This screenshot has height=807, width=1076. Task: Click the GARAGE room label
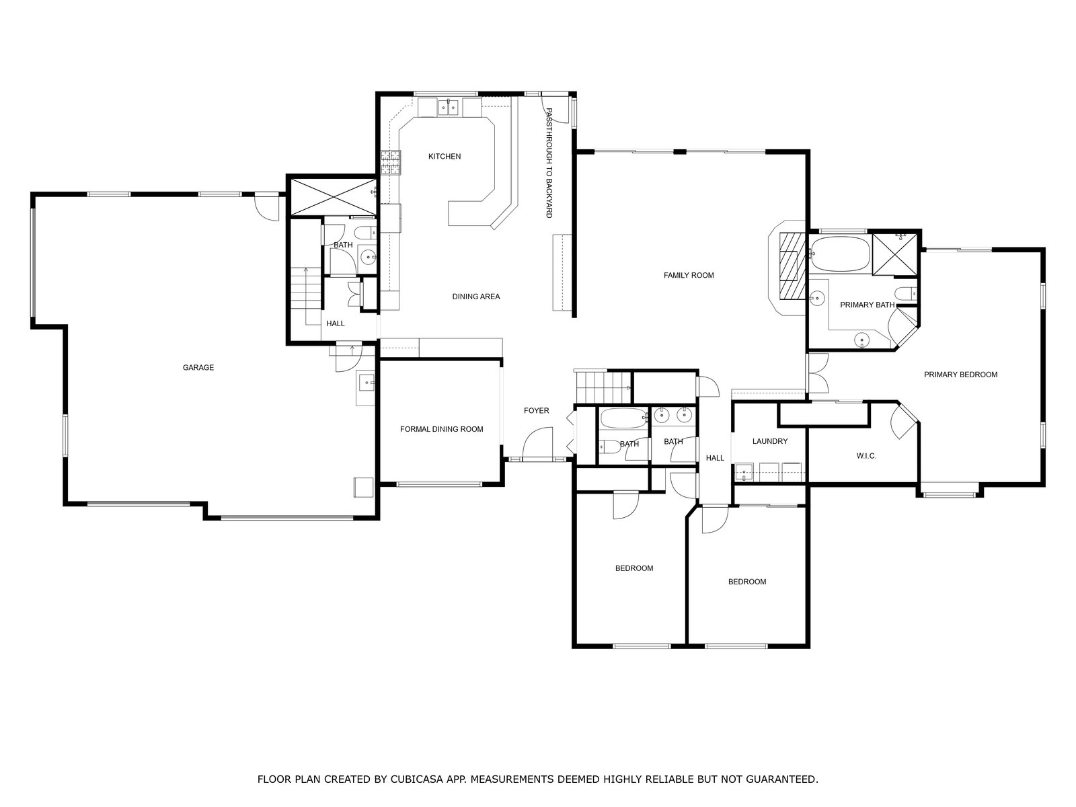coord(198,367)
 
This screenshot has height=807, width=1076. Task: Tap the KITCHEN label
coord(445,156)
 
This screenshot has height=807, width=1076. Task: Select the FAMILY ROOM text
coord(689,275)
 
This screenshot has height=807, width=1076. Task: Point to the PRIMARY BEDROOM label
coord(961,375)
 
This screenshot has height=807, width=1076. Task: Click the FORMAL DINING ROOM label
coord(442,429)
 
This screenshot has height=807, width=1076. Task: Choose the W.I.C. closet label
coord(867,456)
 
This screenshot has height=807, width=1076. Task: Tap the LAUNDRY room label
coord(770,441)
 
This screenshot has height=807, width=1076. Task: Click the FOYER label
coord(536,411)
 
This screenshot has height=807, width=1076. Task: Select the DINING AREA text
coord(476,297)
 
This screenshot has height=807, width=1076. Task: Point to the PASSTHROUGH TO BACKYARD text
coord(549,163)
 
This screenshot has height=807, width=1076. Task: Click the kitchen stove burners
coord(391,163)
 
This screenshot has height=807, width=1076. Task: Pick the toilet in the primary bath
coord(906,294)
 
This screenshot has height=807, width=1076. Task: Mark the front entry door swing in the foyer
coord(537,443)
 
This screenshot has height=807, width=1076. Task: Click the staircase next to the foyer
coord(603,387)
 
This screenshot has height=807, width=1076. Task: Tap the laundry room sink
coord(744,473)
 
